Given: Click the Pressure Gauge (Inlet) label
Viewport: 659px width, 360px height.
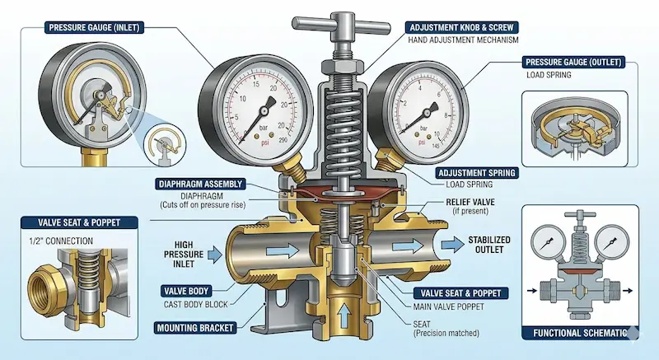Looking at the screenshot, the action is [x=94, y=28].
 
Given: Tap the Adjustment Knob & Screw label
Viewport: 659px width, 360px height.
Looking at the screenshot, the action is [x=461, y=28].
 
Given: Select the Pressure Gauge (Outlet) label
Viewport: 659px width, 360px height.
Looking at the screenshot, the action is [x=573, y=62].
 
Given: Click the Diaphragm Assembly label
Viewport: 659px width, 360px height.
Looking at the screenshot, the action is [x=200, y=184].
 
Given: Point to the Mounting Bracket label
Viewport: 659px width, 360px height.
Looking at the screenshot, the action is [x=194, y=328].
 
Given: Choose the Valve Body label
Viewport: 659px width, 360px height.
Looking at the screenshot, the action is [x=186, y=291].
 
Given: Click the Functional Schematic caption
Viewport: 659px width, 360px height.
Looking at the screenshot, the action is [x=580, y=333].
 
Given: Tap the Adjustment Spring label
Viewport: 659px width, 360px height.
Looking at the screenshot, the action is [x=476, y=173].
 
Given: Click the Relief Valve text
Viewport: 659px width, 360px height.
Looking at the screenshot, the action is [x=470, y=202].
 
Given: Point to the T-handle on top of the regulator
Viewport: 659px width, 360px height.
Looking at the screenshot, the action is [x=341, y=26].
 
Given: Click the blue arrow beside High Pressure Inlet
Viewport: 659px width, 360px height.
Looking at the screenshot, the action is [x=215, y=255].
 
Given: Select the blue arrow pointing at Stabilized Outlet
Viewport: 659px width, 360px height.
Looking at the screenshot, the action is [x=452, y=245].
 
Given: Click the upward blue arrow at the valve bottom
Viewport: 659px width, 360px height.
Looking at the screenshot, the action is [x=344, y=315].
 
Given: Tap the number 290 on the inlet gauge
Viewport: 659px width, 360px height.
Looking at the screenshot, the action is [x=283, y=140].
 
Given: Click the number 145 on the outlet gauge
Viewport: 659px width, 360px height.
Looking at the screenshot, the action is [x=435, y=145].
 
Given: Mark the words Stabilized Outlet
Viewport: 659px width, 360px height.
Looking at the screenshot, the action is [x=489, y=245].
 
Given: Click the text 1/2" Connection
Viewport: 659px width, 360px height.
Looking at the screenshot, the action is [x=61, y=241].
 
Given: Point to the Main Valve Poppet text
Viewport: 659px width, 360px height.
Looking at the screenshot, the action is [x=448, y=307].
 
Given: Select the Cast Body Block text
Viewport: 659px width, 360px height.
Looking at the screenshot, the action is [x=195, y=305].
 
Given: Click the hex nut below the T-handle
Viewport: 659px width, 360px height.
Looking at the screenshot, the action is [x=342, y=67].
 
